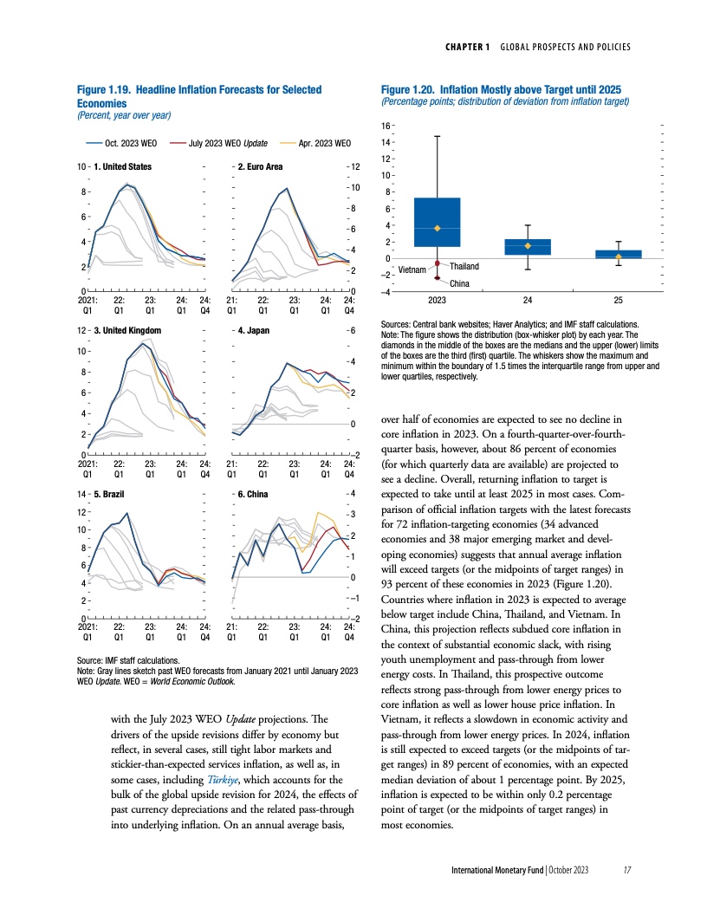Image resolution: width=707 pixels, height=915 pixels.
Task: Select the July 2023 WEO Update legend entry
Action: point(230,143)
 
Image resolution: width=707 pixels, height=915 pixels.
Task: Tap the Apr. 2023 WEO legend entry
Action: point(324,143)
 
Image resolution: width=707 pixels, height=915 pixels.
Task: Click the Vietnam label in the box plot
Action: point(412,269)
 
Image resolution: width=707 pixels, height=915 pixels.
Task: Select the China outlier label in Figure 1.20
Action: point(459,283)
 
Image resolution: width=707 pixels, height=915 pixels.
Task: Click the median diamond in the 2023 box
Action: point(438,228)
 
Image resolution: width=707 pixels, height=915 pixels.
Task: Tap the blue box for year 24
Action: point(527,247)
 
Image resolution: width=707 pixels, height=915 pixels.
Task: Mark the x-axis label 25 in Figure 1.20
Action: point(618,301)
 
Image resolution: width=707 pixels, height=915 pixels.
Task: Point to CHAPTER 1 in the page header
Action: point(464,46)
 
